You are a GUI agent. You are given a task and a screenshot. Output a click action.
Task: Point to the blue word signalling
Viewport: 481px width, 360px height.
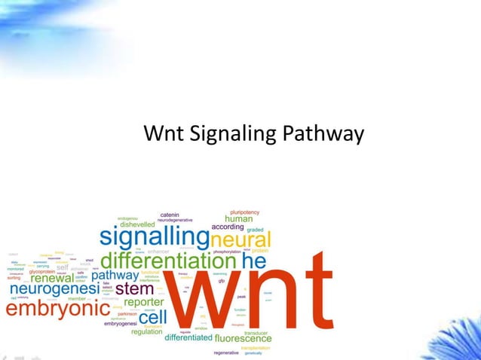(155, 237)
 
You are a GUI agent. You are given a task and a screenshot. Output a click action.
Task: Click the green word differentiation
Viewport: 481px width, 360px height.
(168, 261)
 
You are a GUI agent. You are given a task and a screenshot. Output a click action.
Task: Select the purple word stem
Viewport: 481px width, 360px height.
(135, 288)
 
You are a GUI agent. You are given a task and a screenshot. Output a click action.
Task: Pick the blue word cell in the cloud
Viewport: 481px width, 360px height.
(152, 317)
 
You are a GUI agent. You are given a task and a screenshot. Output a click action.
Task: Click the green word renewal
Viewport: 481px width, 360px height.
(52, 278)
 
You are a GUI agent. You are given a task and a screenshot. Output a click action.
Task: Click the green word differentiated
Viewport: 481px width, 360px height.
(188, 338)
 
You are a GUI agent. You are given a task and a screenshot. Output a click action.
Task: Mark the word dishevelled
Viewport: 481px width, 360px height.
(137, 224)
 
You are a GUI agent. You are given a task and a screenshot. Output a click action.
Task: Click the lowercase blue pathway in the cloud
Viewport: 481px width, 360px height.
(115, 276)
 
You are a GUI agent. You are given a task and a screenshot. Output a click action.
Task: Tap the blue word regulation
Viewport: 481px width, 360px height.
(146, 331)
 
